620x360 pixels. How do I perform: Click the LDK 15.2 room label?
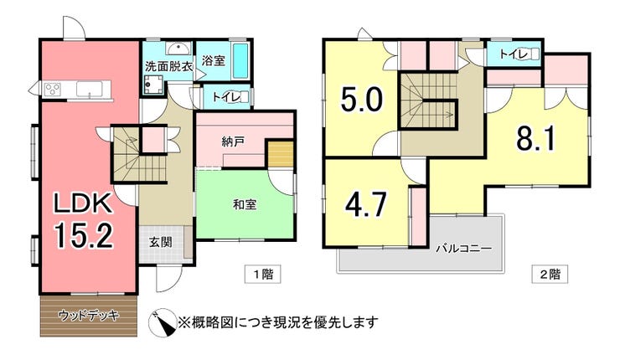coord(84,220)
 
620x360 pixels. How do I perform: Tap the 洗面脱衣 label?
coord(168,66)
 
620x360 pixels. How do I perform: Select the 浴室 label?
coord(214,60)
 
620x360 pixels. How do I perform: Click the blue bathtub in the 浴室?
coord(240,60)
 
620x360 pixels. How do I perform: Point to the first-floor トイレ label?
coord(225,97)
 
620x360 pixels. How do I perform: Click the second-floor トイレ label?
coord(513,54)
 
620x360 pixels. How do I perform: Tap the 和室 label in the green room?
coord(245,204)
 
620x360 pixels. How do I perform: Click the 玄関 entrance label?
coord(161,242)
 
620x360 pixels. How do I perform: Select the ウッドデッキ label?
coord(89,316)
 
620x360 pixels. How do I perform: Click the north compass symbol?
coord(163,322)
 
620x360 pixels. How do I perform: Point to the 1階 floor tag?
coord(263,274)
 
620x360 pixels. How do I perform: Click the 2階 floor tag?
coord(550,274)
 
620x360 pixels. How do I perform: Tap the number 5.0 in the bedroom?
coord(362,99)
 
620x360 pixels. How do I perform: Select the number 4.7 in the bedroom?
coord(365,204)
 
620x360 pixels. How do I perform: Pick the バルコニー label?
coord(464,249)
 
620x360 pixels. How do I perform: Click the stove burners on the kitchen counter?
coord(52,88)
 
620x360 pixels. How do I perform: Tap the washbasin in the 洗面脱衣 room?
coord(178,49)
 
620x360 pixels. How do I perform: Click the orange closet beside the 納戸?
coord(281,154)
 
